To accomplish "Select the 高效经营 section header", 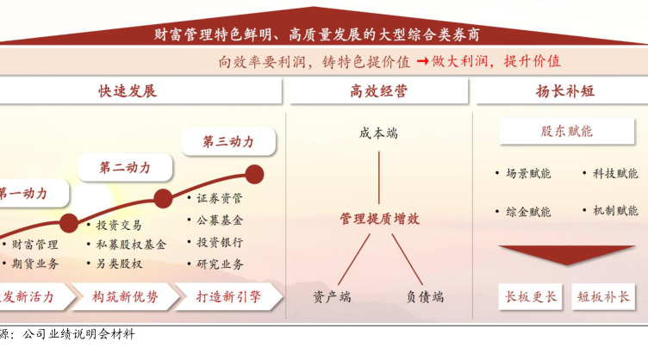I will pyautogui.click(x=378, y=91).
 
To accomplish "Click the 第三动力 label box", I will pyautogui.click(x=228, y=142).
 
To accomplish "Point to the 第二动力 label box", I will pyautogui.click(x=125, y=167).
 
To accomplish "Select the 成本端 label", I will pyautogui.click(x=378, y=133).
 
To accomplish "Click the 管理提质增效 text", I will pyautogui.click(x=379, y=219).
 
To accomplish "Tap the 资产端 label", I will pyautogui.click(x=332, y=296).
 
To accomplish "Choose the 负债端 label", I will pyautogui.click(x=425, y=296).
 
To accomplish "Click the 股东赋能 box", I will pyautogui.click(x=566, y=132).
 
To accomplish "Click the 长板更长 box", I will pyautogui.click(x=529, y=297).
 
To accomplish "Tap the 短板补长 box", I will pyautogui.click(x=604, y=297).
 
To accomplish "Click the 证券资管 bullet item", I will pyautogui.click(x=220, y=198).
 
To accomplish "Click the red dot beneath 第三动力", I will pyautogui.click(x=254, y=174).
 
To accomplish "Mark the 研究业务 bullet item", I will pyautogui.click(x=220, y=264).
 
